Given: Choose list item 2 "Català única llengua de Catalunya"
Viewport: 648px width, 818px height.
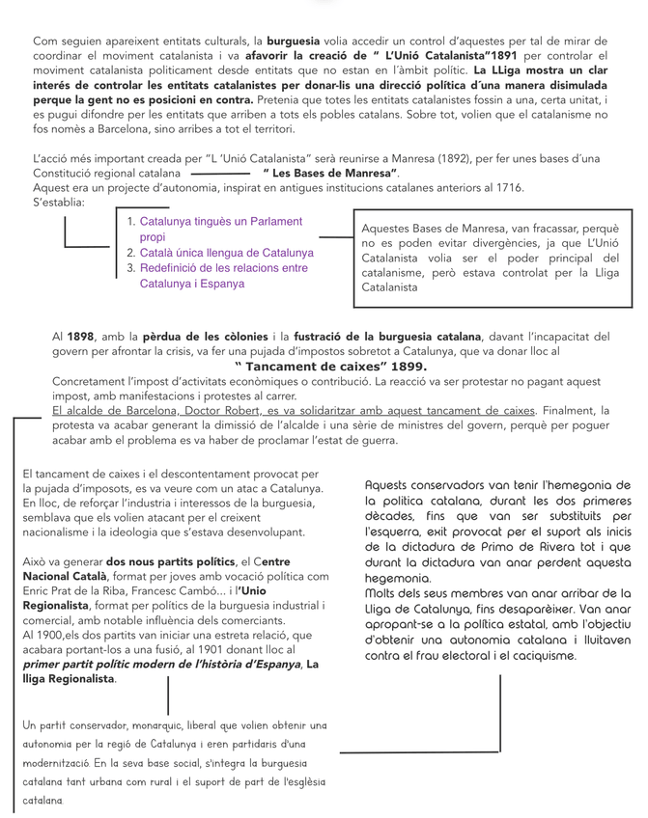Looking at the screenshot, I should coord(226,253).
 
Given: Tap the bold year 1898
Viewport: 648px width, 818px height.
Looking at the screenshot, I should coord(81,337).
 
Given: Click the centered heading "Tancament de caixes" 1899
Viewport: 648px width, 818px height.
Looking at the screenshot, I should coord(330,367).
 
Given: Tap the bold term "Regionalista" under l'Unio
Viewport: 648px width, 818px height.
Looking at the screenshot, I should coord(61,605).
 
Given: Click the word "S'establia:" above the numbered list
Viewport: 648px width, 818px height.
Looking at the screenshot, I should coord(59,202).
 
